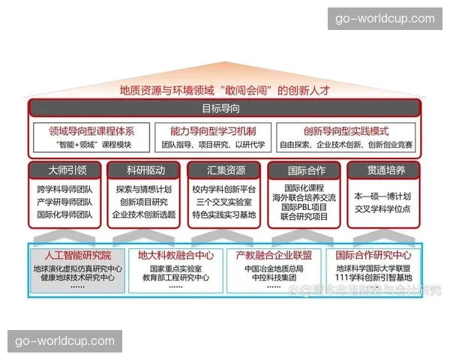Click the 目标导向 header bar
(x=226, y=109)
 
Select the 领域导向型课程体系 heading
(x=91, y=130)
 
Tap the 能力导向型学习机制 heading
(x=212, y=130)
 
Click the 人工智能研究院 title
(x=77, y=254)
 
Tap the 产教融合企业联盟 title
(x=274, y=254)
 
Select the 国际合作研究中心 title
(x=373, y=254)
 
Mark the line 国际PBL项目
(x=305, y=207)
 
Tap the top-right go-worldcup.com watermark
(x=385, y=19)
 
